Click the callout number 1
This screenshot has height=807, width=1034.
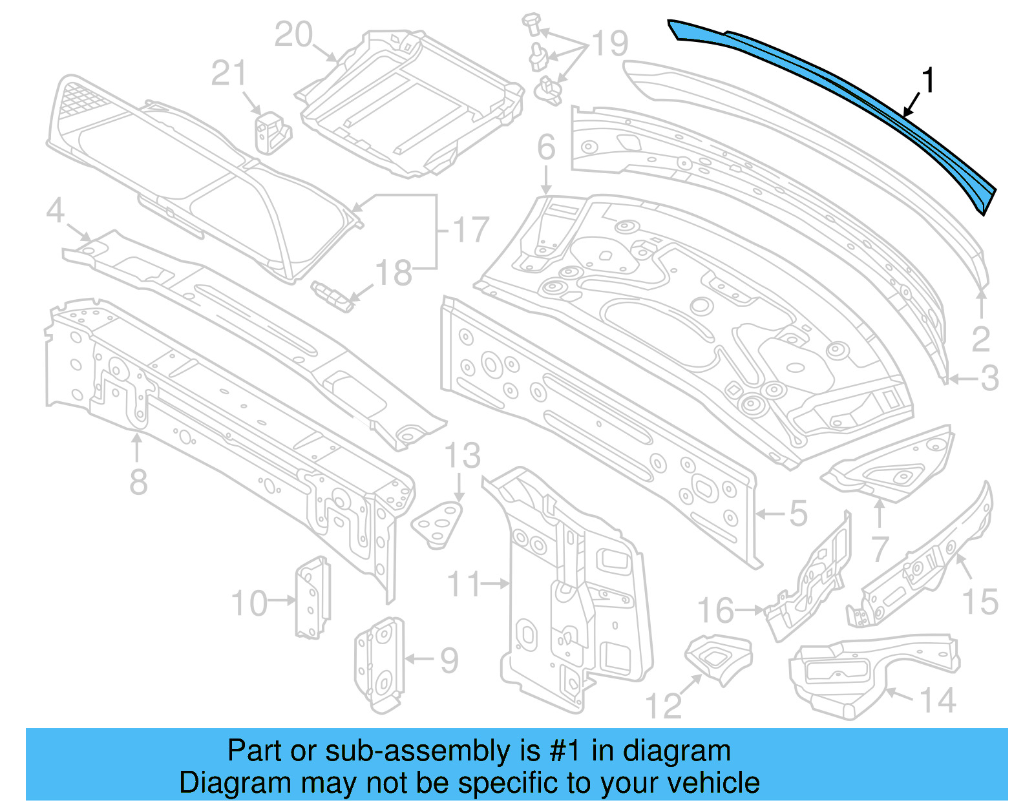pyautogui.click(x=928, y=81)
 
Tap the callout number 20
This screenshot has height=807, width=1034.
pyautogui.click(x=293, y=35)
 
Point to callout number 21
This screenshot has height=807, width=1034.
pyautogui.click(x=229, y=74)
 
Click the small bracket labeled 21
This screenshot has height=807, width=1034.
pyautogui.click(x=271, y=132)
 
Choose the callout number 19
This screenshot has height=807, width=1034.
pyautogui.click(x=610, y=44)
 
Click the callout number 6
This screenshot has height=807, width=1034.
pyautogui.click(x=546, y=147)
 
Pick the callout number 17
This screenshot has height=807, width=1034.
pyautogui.click(x=470, y=230)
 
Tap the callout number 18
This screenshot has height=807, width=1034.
pyautogui.click(x=394, y=273)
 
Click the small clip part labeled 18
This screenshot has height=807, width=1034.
pyautogui.click(x=333, y=295)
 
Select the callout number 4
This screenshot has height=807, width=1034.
pyautogui.click(x=56, y=211)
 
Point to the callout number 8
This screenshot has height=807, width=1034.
pyautogui.click(x=138, y=482)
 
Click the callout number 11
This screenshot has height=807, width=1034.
pyautogui.click(x=463, y=584)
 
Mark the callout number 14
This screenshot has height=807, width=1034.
pyautogui.click(x=937, y=700)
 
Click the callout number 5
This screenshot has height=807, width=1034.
pyautogui.click(x=799, y=514)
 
